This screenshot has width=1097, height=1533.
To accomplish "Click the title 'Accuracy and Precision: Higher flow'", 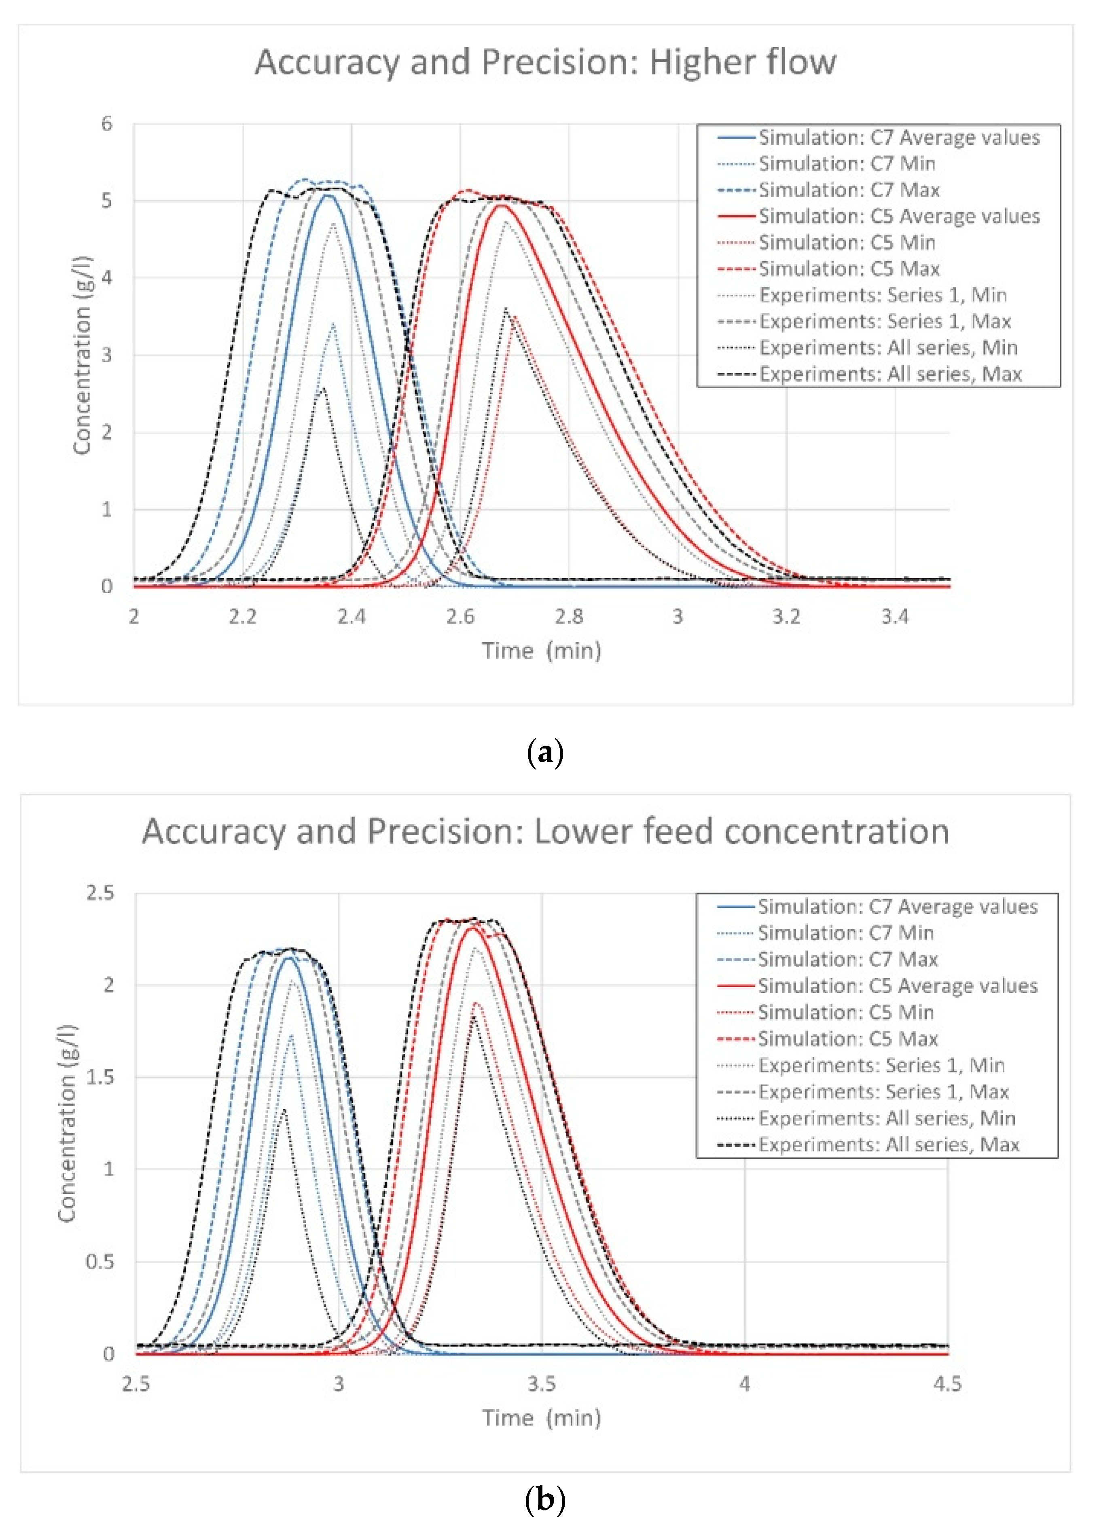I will tap(545, 62).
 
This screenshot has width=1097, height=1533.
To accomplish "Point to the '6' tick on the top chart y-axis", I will tap(107, 124).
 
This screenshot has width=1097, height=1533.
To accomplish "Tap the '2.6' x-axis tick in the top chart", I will tap(460, 616).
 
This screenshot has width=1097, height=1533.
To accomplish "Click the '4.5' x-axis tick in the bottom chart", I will tap(947, 1384).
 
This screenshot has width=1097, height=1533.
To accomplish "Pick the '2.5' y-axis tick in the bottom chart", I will tap(100, 893).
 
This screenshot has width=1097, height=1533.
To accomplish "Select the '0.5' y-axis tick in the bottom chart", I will tap(100, 1262).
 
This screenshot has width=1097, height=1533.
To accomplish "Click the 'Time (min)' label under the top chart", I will tap(541, 650).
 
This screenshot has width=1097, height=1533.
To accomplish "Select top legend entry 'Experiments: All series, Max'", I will tap(889, 374).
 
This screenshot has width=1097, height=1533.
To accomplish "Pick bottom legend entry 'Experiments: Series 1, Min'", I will tap(881, 1066).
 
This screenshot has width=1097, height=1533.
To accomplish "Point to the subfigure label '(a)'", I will tap(544, 752).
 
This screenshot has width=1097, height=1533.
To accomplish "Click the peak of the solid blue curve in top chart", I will tap(329, 195).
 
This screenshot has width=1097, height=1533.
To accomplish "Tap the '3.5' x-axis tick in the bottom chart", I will tap(541, 1384).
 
